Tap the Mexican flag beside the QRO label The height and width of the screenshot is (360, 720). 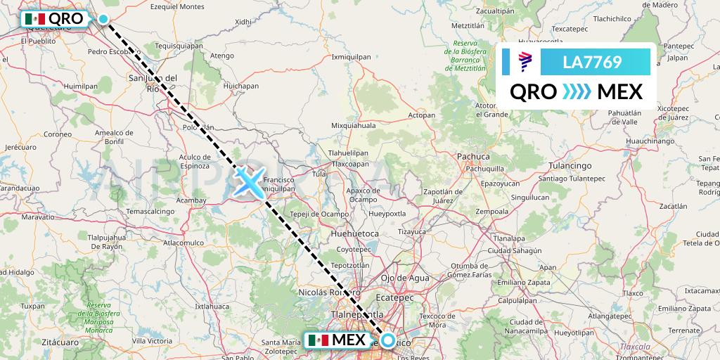point(34,19)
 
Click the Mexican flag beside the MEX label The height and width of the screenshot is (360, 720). point(318,340)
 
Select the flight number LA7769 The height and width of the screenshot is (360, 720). point(592,62)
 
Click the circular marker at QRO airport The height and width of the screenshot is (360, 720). point(104,20)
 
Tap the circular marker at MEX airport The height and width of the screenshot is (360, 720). point(387,340)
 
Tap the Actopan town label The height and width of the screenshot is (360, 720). point(422,115)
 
